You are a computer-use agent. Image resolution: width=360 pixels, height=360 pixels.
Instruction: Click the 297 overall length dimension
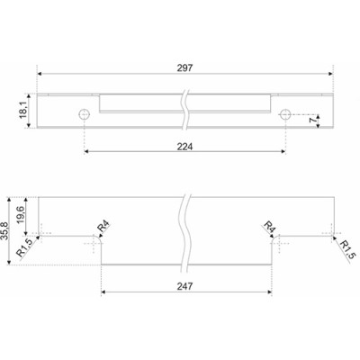[x=184, y=68]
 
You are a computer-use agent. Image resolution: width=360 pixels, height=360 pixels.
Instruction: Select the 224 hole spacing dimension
[x=184, y=147]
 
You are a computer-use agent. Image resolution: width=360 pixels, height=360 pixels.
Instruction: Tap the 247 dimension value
[x=184, y=286]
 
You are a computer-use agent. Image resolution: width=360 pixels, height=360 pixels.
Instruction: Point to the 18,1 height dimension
[x=24, y=111]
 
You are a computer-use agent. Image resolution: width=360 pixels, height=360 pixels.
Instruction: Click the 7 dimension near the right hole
[x=312, y=120]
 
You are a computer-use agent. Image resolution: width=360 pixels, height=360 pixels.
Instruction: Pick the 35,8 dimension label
[x=4, y=231]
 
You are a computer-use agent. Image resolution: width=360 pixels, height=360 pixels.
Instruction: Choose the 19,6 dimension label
[x=21, y=216]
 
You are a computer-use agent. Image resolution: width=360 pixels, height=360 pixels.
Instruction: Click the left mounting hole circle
[x=85, y=114]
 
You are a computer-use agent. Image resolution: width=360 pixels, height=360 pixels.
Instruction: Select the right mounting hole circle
[x=284, y=114]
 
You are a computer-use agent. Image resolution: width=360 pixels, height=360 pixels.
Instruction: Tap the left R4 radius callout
[x=103, y=226]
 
